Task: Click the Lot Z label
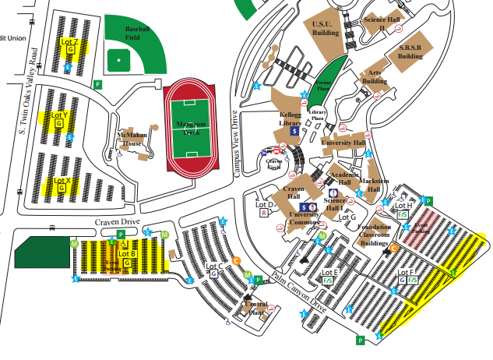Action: click(70, 41)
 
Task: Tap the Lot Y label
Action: click(60, 115)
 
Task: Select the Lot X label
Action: click(62, 182)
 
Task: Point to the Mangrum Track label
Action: click(187, 128)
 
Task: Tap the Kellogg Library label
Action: click(291, 119)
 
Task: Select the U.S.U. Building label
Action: click(326, 29)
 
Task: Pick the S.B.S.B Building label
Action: click(410, 51)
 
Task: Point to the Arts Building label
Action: click(375, 76)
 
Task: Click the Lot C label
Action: click(216, 266)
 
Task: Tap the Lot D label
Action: click(265, 204)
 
